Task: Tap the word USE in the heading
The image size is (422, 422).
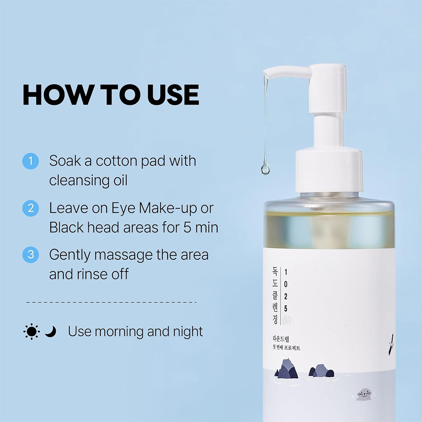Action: (x=173, y=95)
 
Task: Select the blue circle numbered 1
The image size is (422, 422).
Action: (x=30, y=161)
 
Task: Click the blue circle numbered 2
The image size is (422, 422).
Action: (x=30, y=208)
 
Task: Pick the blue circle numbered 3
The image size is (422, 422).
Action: (x=30, y=255)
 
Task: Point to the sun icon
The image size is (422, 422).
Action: (x=32, y=331)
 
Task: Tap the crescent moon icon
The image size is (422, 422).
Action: (x=50, y=332)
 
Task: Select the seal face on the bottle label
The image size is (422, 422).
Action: (x=364, y=395)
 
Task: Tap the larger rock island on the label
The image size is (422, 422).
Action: (x=286, y=368)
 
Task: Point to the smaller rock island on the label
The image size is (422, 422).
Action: (x=321, y=370)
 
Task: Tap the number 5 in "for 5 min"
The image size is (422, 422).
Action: (x=187, y=228)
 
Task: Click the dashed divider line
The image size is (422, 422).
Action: (x=111, y=302)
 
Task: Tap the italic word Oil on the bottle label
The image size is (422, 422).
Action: (x=286, y=320)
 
